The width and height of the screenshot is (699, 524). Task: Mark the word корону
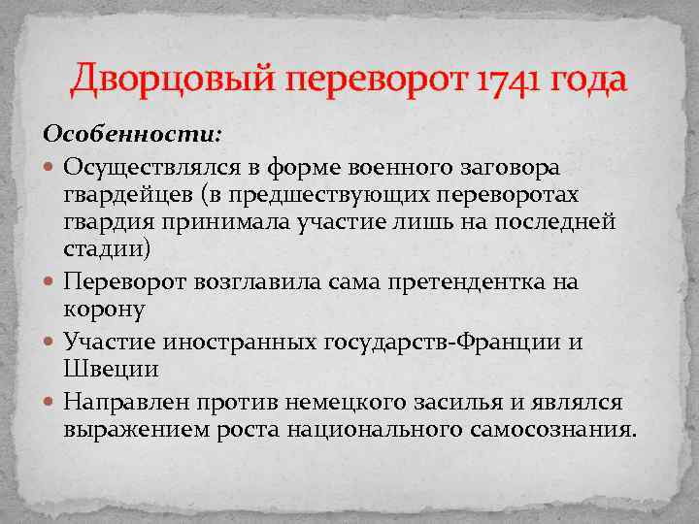(x=105, y=310)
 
